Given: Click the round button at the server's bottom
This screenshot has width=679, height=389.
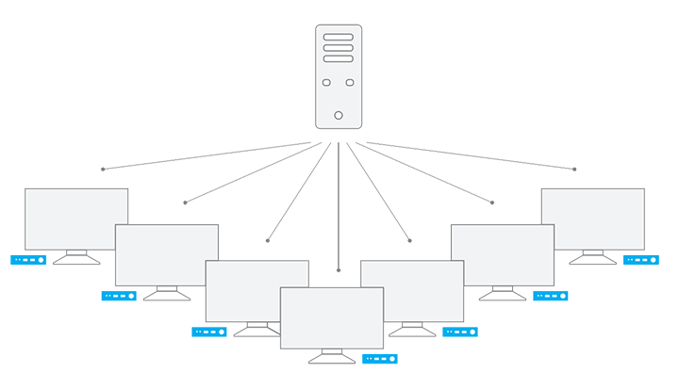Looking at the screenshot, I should tap(339, 116).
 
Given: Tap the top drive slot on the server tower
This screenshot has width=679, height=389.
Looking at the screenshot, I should tap(339, 38).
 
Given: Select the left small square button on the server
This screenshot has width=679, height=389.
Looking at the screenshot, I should tap(326, 83).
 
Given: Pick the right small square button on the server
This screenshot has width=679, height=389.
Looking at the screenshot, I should tap(351, 83).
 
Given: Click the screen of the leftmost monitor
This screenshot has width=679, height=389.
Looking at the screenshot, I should tap(75, 218).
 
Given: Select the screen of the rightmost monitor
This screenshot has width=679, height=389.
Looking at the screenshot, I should tap(593, 218).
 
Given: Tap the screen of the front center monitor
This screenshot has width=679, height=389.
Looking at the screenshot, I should tap(332, 316).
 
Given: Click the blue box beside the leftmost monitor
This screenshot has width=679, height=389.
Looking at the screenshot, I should tap(28, 260).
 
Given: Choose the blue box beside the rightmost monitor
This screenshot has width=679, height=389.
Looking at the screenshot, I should tap(641, 259).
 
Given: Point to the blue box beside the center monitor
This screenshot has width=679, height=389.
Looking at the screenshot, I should tap(380, 359).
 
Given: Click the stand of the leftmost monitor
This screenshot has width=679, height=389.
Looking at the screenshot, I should tap(76, 257).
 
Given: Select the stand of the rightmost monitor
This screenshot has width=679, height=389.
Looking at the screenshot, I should tap(592, 256).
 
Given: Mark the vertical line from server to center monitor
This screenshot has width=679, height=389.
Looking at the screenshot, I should tap(339, 207).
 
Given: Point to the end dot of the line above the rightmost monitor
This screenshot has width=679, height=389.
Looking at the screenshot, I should tap(574, 170).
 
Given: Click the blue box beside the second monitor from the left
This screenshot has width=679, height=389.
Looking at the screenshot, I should tap(119, 296).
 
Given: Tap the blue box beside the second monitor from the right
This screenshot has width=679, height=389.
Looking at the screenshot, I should tap(552, 296).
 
